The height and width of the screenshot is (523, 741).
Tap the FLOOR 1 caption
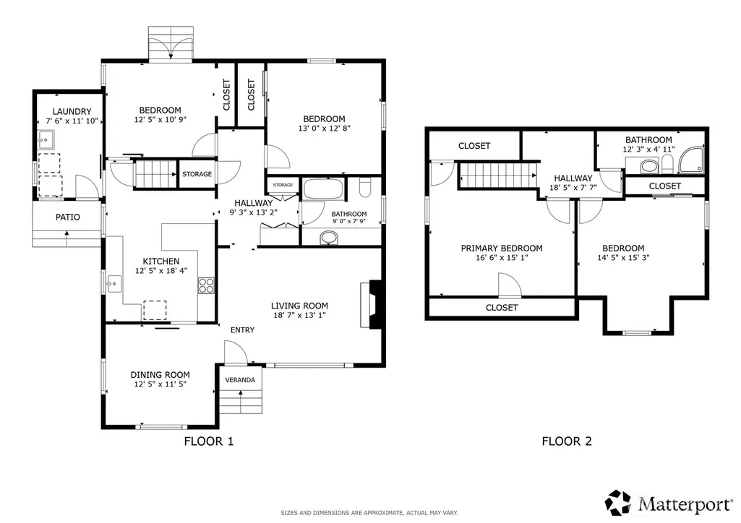pos(209,441)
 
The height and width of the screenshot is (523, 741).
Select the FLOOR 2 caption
pos(567,441)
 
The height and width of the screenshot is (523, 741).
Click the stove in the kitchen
pos(206,285)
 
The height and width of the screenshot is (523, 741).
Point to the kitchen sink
pos(114,284)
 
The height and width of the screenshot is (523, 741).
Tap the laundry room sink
pos(46,139)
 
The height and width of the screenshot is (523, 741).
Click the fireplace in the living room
pos(371,304)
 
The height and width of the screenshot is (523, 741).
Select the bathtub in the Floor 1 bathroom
pos(323,189)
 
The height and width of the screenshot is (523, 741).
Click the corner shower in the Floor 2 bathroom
pos(691,160)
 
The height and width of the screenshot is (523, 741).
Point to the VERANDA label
pos(240,379)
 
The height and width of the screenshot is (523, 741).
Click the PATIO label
pos(67,217)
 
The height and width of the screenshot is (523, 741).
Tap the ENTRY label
pos(242,330)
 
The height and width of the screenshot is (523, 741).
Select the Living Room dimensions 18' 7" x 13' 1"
pos(299,315)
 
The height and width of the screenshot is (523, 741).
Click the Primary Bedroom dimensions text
pos(502,258)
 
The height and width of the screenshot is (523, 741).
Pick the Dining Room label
pos(160,375)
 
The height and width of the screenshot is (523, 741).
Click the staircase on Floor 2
pos(498,175)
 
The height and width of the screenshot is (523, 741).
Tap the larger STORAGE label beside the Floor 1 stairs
pos(197,174)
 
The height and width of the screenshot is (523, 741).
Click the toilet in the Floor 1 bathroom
pos(365,187)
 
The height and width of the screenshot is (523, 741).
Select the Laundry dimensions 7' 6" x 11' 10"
pos(72,121)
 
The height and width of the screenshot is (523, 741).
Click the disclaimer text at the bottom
pos(369,513)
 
